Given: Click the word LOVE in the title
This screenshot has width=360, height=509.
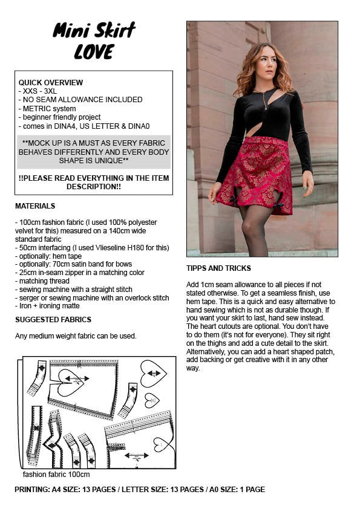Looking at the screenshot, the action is click(94, 53).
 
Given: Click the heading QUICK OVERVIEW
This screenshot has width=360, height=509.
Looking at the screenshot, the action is click(51, 82).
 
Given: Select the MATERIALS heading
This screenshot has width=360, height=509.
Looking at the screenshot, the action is click(35, 206).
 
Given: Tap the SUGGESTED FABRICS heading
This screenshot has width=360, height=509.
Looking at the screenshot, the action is click(53, 319).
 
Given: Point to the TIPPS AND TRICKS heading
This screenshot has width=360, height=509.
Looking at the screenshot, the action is click(218, 268).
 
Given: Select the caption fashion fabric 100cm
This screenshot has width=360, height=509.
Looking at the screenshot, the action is click(56, 475).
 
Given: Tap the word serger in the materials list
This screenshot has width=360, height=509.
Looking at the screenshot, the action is click(30, 298).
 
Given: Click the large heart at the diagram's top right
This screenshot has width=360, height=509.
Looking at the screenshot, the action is click(152, 373).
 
